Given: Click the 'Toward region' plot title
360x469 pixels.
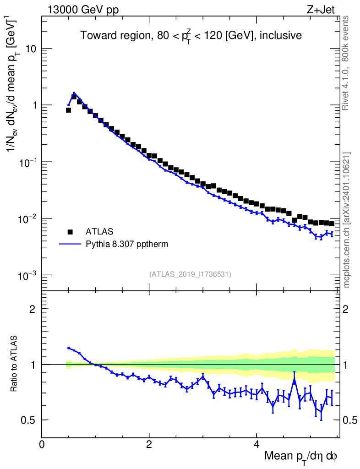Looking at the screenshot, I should click(x=191, y=36).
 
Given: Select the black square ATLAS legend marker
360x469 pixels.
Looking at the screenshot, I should click(x=70, y=231).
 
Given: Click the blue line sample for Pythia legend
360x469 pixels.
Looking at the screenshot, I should click(x=70, y=244).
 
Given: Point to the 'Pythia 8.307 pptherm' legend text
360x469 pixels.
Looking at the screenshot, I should click(x=127, y=244).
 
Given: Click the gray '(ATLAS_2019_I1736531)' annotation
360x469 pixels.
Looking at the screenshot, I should click(x=190, y=274).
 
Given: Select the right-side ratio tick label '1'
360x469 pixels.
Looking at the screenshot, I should click(x=347, y=365).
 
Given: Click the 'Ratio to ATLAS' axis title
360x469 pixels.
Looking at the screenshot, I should click(x=15, y=365).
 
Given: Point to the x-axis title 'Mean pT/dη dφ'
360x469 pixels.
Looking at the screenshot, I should click(x=301, y=456).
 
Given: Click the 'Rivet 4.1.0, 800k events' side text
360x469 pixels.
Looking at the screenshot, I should click(x=346, y=62).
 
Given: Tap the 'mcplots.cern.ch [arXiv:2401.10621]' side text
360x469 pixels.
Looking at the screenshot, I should click(x=347, y=220).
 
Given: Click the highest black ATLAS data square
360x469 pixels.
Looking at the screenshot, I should click(x=74, y=97).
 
